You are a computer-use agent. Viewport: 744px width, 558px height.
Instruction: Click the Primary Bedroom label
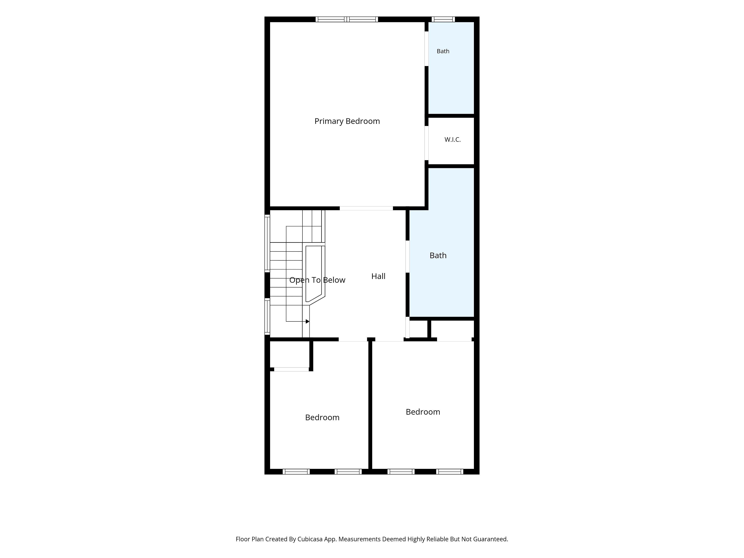347,121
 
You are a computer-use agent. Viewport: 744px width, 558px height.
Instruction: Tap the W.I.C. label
452,139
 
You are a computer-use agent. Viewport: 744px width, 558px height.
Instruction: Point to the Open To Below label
317,280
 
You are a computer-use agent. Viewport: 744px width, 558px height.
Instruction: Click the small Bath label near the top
443,51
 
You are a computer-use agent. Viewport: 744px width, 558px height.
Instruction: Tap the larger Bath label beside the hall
438,255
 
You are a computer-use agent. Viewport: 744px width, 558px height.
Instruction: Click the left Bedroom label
322,417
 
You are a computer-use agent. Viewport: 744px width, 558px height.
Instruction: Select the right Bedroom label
423,412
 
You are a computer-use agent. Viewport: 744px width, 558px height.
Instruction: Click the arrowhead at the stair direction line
307,322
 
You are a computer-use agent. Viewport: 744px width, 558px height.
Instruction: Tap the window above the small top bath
443,19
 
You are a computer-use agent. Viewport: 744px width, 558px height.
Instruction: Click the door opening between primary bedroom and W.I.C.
426,143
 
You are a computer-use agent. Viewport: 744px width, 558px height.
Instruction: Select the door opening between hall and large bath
407,257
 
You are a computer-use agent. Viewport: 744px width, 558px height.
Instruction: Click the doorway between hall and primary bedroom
366,208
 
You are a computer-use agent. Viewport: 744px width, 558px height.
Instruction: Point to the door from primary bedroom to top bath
426,49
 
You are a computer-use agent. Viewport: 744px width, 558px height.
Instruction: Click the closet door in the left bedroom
292,369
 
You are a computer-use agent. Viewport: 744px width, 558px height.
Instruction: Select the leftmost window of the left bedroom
296,472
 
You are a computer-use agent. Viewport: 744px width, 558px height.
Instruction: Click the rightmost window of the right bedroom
450,472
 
